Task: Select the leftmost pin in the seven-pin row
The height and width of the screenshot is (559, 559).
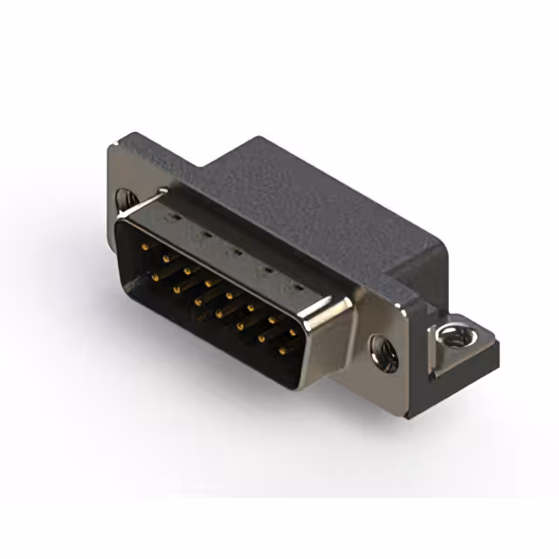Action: tap(155, 277)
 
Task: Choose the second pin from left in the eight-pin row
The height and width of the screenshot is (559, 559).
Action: tap(165, 260)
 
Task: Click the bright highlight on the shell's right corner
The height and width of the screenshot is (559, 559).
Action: tap(336, 305)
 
